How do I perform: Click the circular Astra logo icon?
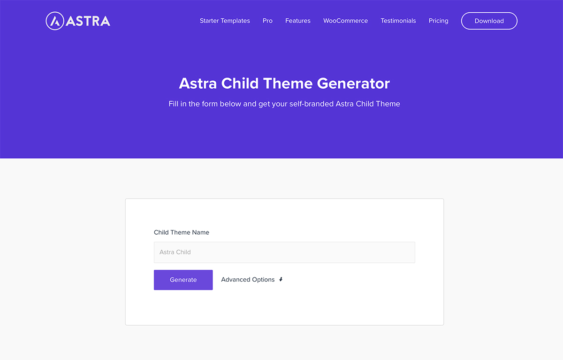coord(55,21)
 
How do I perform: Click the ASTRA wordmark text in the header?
coord(88,21)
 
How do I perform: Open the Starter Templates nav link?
coord(225,21)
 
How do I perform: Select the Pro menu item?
coord(267,21)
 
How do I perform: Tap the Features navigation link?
coord(298,21)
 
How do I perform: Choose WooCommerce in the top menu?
coord(345,21)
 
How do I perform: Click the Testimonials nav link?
coord(398,21)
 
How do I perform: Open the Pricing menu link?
coord(438,21)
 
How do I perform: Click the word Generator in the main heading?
coord(353,84)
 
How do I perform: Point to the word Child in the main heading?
coord(240,84)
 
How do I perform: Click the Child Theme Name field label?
coord(182,232)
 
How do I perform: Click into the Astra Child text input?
coord(284,252)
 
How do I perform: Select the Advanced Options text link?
coord(248,279)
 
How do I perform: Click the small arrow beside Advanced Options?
coord(281,279)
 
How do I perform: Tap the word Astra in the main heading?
coord(198,84)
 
